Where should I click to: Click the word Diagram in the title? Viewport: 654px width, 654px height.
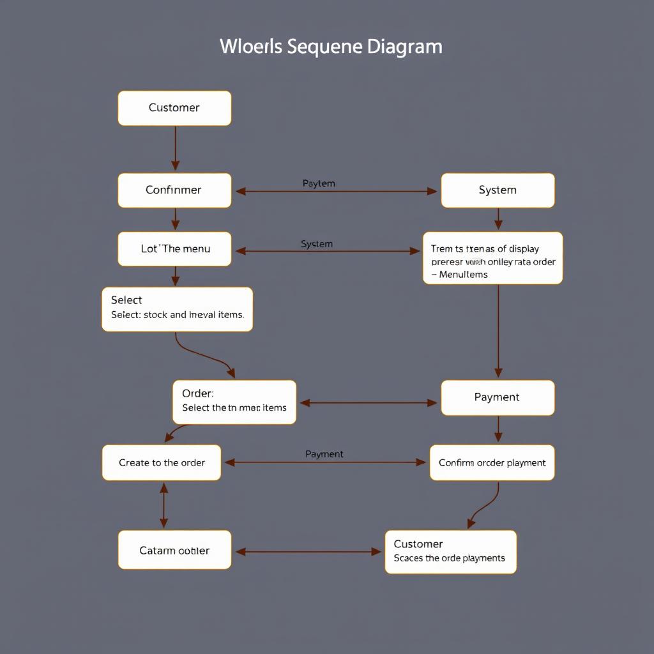pos(405,47)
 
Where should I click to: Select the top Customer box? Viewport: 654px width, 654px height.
pos(174,108)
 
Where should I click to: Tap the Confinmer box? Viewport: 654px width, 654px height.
pos(174,190)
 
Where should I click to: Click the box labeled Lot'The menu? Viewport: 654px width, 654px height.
pos(174,249)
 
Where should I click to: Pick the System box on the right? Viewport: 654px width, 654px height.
pos(498,190)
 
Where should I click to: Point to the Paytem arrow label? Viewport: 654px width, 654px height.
pos(319,183)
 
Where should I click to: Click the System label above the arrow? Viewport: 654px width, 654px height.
pos(317,244)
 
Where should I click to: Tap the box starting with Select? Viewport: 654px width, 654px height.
pos(177,309)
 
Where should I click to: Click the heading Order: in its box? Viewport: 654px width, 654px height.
pos(198,393)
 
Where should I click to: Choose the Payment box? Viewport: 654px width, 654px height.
pos(498,397)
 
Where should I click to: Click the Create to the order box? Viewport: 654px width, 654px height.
pos(162,462)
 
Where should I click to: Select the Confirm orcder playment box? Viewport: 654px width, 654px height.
pos(492,462)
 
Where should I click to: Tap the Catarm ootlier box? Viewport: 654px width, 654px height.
pos(174,550)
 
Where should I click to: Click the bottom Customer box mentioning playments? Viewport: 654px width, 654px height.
pos(450,551)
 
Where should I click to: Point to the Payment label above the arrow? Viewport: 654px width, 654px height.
pos(324,454)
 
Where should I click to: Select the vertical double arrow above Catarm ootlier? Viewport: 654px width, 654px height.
pos(164,505)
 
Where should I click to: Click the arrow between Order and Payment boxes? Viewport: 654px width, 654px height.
pos(369,403)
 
